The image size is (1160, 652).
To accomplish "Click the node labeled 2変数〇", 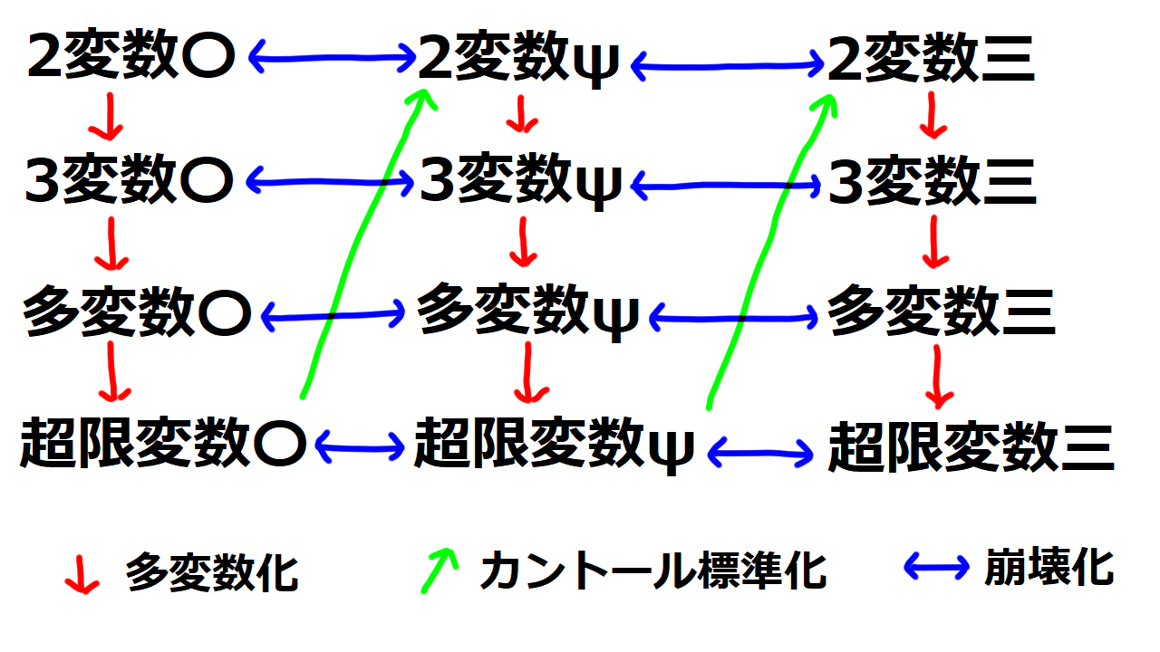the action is click(131, 59).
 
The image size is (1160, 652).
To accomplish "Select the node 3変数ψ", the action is click(520, 183).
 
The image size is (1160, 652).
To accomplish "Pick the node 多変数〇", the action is click(137, 312).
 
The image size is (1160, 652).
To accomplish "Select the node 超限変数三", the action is click(970, 446).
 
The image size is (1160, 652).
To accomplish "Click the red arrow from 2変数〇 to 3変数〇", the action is click(109, 116).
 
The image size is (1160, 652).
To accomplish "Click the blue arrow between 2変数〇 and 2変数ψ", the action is click(332, 59).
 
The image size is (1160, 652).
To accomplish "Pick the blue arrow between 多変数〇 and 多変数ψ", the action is click(332, 315).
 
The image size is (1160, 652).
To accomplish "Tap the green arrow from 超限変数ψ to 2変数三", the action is click(770, 244).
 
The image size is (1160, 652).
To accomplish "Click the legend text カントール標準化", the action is click(652, 571).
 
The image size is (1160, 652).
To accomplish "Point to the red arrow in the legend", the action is click(82, 574).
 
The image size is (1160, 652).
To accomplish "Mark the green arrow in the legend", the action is click(438, 570).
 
